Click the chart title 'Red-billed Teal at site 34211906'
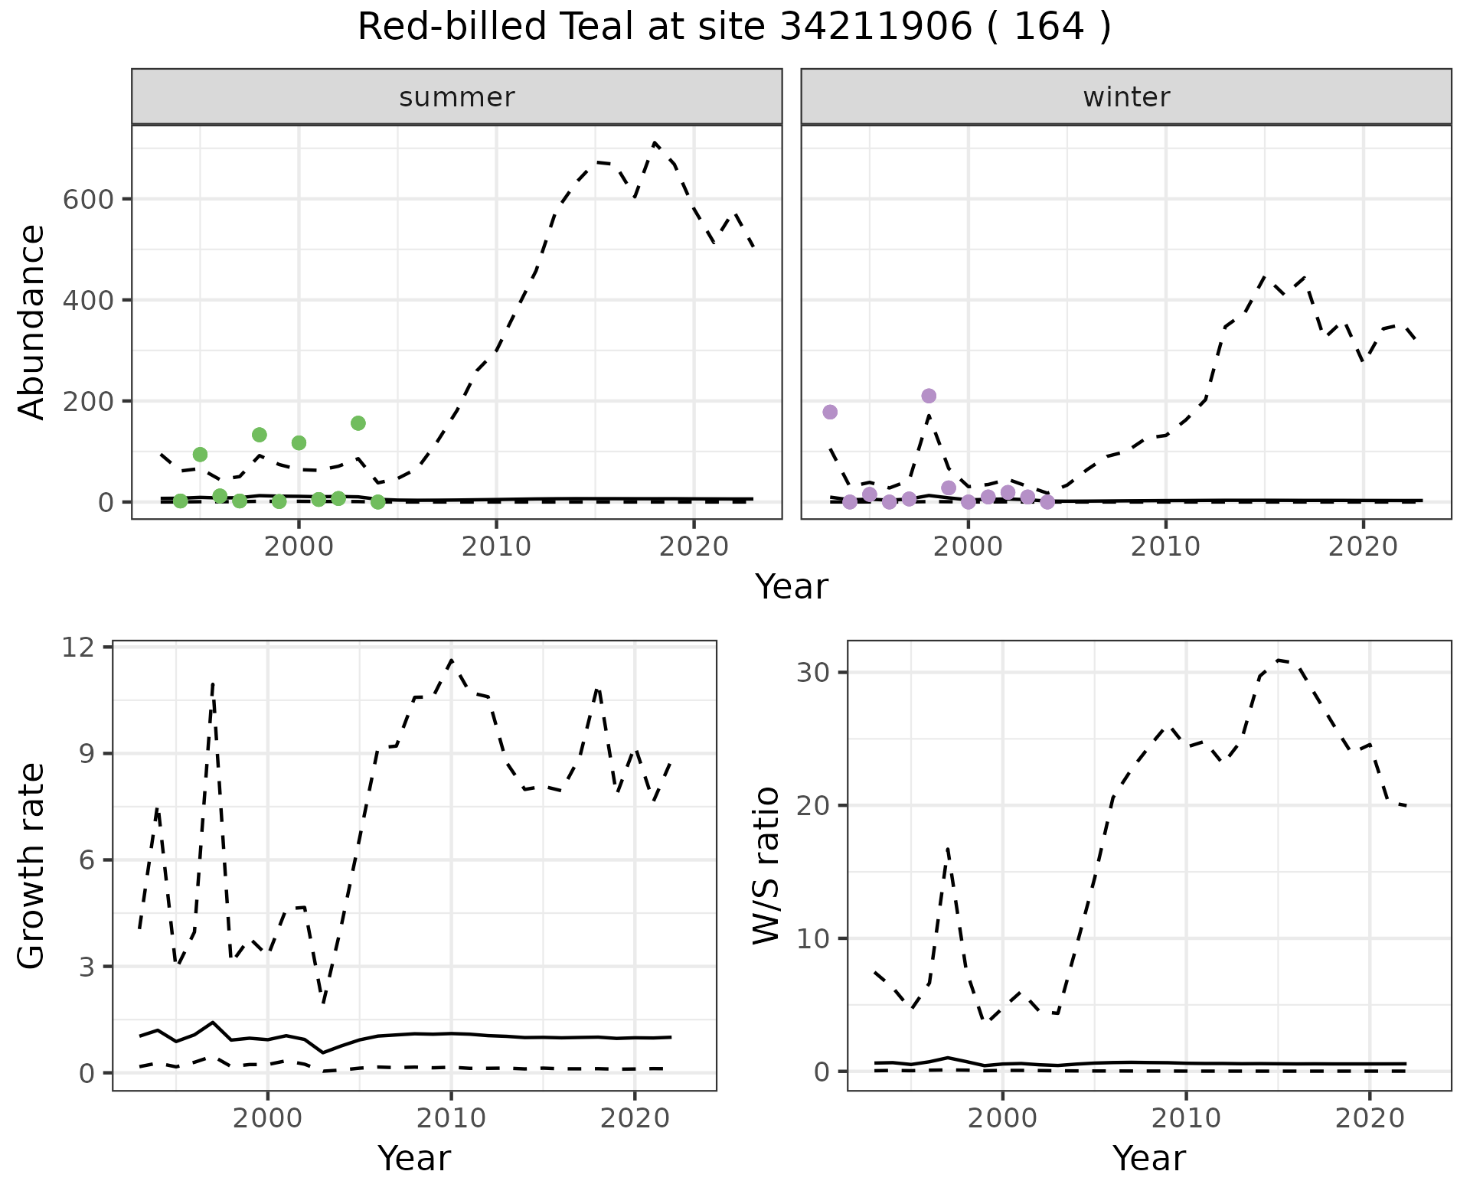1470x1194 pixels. click(733, 28)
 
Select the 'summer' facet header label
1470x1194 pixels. click(457, 97)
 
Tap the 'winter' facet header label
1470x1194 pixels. click(1126, 97)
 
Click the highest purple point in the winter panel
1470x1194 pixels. click(929, 396)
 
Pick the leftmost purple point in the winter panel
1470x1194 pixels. click(830, 412)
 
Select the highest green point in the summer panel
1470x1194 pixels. click(358, 423)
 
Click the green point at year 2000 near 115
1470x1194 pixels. click(299, 442)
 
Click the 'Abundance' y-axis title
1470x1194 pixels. click(32, 321)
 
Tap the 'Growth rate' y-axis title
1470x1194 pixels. click(32, 866)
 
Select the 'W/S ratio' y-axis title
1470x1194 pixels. click(766, 866)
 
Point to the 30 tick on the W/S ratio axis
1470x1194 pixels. click(816, 673)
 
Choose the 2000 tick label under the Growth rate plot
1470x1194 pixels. click(267, 1118)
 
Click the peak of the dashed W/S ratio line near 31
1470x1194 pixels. click(1278, 660)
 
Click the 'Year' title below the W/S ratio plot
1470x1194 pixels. click(1148, 1158)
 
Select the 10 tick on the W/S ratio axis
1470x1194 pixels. click(816, 938)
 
